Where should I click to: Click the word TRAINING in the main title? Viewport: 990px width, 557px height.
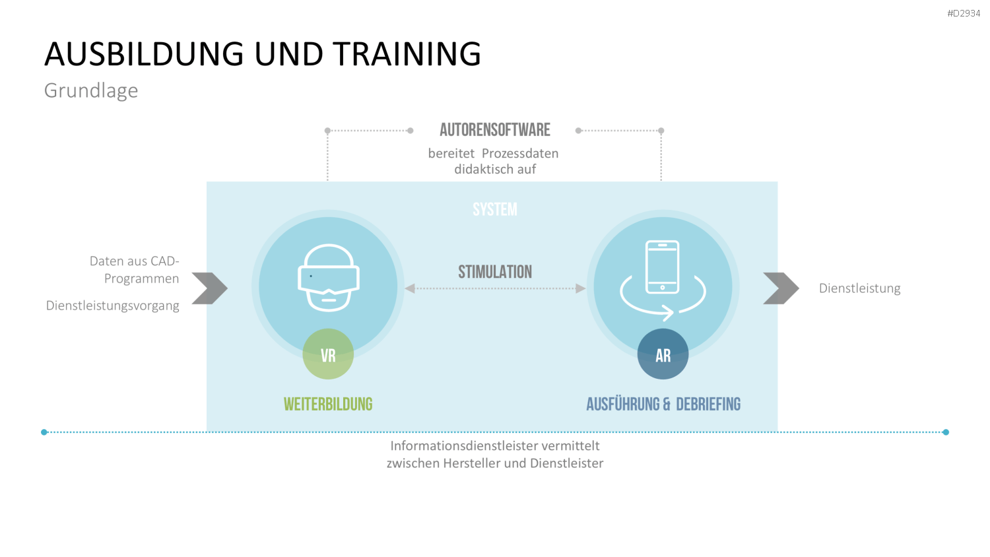point(407,54)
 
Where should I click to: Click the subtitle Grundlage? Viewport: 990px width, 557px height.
point(91,90)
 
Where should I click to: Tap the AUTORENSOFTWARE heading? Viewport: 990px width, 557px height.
point(494,130)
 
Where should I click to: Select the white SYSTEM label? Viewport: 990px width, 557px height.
point(494,210)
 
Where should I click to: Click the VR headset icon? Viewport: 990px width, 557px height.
point(329,278)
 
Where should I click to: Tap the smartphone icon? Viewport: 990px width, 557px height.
point(662,267)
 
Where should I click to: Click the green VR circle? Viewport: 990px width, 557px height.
point(328,354)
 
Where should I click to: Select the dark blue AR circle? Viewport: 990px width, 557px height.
point(663,354)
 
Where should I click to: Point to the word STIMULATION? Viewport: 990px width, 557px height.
point(494,272)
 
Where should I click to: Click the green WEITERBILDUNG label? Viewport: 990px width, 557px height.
point(328,404)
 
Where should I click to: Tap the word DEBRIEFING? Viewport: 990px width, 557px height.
point(708,404)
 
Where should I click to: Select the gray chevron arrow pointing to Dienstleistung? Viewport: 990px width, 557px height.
point(781,288)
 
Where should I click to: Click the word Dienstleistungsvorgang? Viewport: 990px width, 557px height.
point(112,306)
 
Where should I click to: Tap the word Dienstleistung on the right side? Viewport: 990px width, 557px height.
point(859,288)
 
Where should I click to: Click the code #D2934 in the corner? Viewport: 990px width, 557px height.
point(964,13)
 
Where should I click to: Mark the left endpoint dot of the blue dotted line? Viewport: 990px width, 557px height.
point(44,432)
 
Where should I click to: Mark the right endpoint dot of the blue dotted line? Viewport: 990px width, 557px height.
point(945,432)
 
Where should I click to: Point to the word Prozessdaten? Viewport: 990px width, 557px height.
point(520,153)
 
